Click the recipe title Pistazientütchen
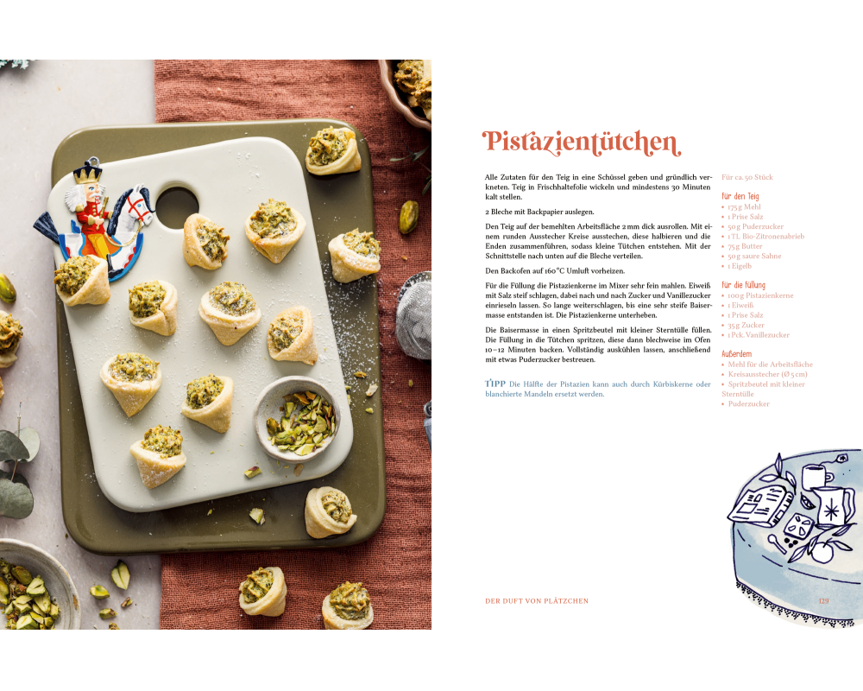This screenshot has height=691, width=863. click(582, 143)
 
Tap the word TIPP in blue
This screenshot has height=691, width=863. click(495, 384)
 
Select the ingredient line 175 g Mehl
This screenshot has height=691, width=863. click(744, 206)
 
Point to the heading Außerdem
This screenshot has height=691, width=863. click(736, 354)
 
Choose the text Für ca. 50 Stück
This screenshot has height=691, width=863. click(746, 177)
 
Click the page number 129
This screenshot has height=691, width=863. click(823, 600)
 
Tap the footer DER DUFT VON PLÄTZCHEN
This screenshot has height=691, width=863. click(537, 600)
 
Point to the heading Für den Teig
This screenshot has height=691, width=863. click(740, 196)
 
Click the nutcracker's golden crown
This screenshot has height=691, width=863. click(87, 172)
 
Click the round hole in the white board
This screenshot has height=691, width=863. click(177, 207)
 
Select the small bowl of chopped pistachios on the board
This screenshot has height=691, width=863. click(296, 418)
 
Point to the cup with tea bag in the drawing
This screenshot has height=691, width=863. click(816, 476)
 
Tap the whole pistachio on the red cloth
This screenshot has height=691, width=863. click(408, 217)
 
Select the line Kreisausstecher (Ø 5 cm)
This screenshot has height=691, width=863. click(767, 374)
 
